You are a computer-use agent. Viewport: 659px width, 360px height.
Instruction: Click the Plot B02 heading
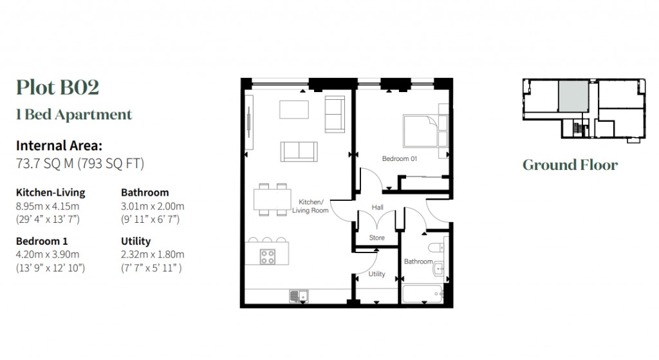(58, 87)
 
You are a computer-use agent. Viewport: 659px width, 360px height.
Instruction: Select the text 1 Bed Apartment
(74, 115)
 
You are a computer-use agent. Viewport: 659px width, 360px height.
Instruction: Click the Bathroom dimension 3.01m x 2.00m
(153, 206)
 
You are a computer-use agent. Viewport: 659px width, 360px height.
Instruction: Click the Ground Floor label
(570, 165)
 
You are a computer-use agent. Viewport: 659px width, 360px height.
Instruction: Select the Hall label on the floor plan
(377, 207)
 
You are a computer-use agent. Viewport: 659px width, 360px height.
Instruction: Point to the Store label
(377, 238)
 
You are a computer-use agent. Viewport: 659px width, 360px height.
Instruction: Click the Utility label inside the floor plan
(377, 274)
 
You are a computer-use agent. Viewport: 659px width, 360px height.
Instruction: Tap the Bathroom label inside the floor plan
(418, 261)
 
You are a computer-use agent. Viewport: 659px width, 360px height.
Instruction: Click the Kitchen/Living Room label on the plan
(310, 206)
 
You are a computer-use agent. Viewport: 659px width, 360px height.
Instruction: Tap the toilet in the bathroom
(436, 246)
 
